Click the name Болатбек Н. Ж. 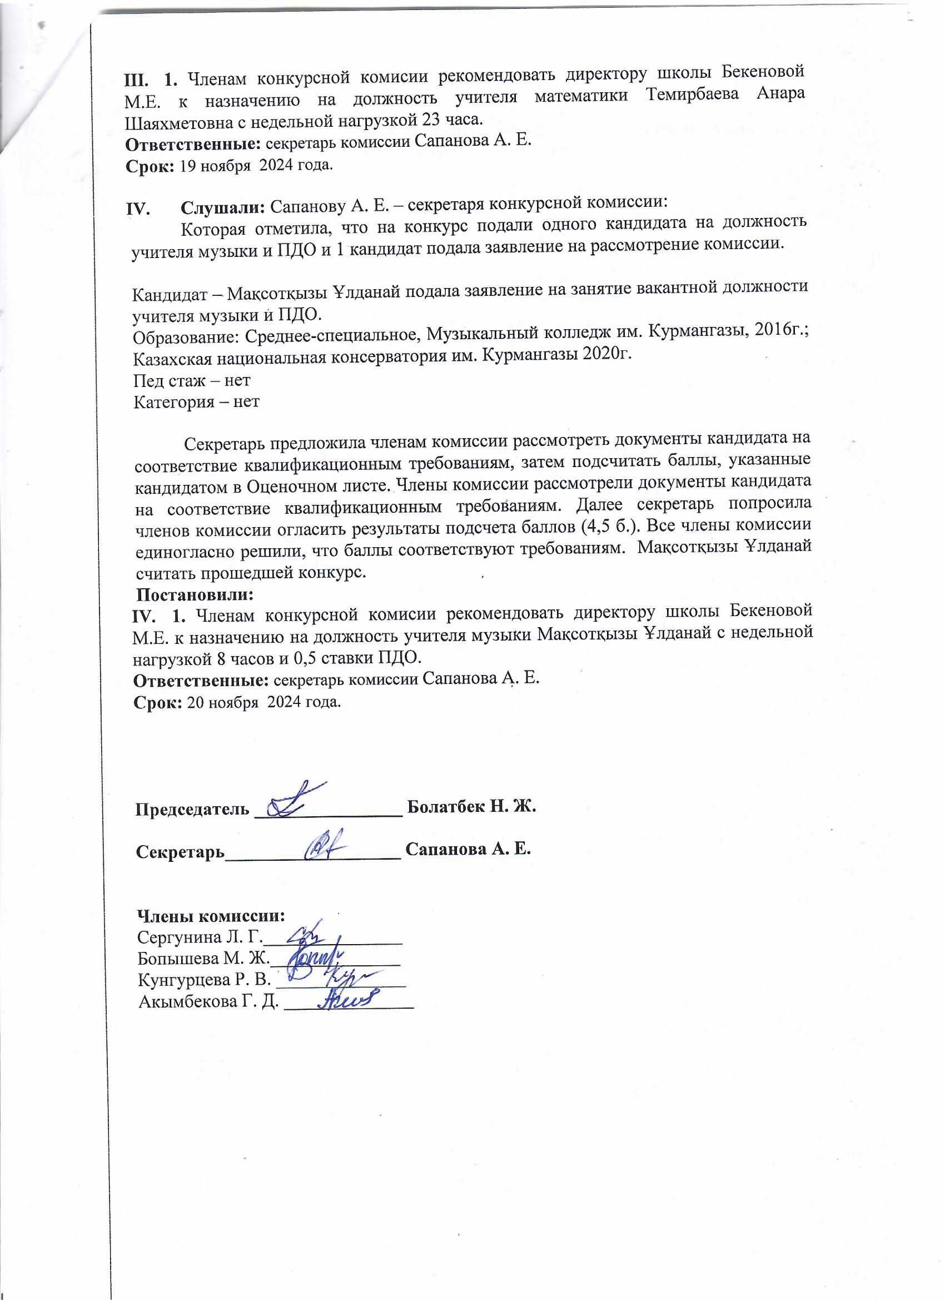[471, 806]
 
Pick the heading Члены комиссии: [211, 915]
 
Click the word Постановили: [195, 594]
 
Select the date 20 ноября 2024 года [264, 702]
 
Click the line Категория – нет [197, 402]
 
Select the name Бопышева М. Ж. [203, 958]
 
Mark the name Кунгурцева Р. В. [204, 980]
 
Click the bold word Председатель [192, 809]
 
